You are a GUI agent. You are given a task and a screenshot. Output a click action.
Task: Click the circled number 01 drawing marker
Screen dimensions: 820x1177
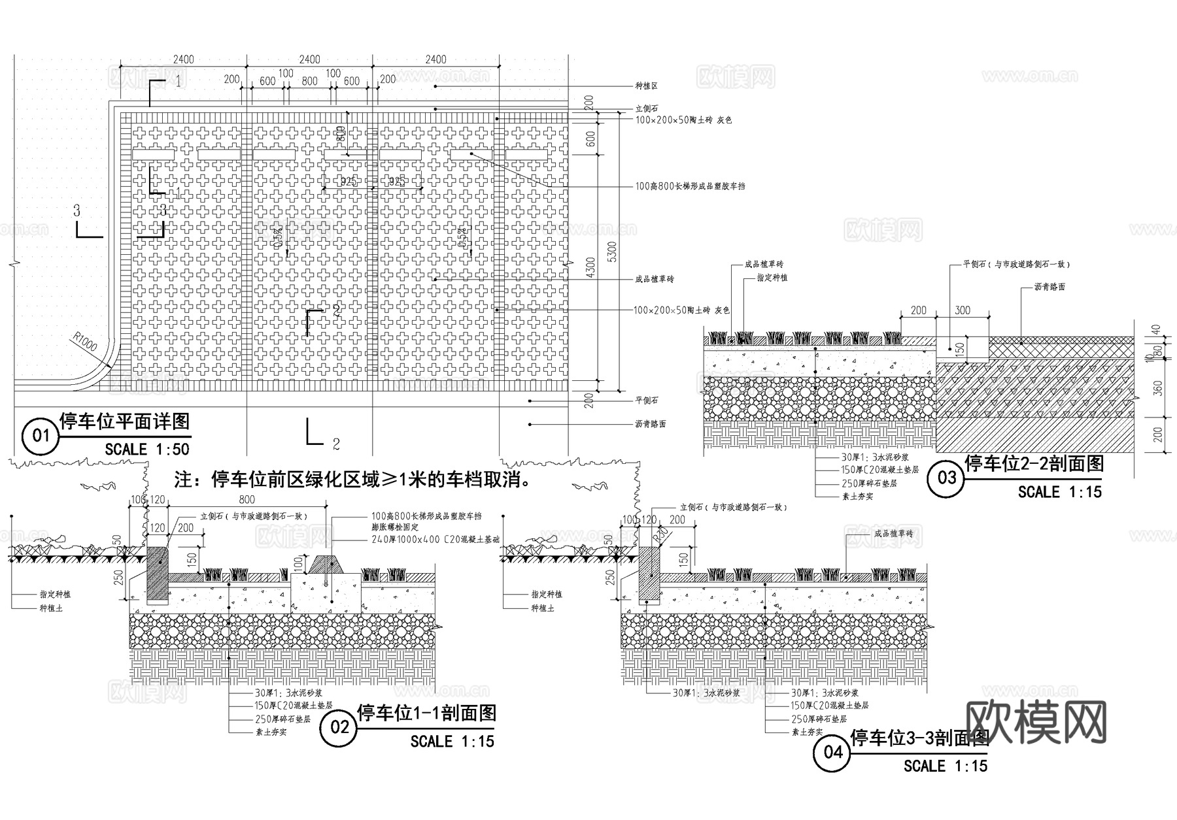(41, 435)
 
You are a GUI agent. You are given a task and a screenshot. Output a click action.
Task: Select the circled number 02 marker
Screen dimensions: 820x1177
(339, 727)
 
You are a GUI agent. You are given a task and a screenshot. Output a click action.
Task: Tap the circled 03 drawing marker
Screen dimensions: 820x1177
(946, 478)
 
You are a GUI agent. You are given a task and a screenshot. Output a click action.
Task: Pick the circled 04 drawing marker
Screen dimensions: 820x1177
(832, 752)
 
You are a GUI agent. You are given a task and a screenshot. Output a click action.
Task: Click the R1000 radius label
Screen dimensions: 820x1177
(85, 342)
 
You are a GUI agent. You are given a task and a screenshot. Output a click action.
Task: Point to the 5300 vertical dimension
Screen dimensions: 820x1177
(612, 250)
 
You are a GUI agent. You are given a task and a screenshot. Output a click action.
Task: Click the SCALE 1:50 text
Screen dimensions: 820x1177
(146, 449)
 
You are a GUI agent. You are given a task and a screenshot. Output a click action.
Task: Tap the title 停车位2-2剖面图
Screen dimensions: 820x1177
(1034, 464)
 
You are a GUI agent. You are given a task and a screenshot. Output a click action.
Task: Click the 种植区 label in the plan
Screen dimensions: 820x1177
(646, 86)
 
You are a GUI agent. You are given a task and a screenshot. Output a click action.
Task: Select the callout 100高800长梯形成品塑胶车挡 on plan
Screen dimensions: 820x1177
(690, 186)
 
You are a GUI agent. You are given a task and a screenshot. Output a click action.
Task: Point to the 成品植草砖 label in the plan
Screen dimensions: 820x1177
(654, 279)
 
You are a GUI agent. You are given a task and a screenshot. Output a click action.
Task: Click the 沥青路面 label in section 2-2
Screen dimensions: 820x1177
(1049, 287)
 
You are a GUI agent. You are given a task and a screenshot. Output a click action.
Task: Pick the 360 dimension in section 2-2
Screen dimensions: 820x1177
(1158, 388)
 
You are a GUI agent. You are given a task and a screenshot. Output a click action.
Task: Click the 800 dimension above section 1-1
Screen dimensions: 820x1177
(247, 500)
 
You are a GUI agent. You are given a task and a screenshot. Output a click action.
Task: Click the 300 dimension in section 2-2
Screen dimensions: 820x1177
(962, 310)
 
